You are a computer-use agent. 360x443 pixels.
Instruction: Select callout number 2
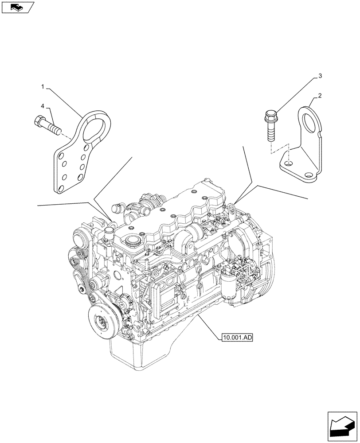tap(320, 95)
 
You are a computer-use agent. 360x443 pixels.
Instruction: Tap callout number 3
tap(320, 77)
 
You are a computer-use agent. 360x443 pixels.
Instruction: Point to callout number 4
tap(43, 106)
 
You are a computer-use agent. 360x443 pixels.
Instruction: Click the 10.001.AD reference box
tap(236, 338)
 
